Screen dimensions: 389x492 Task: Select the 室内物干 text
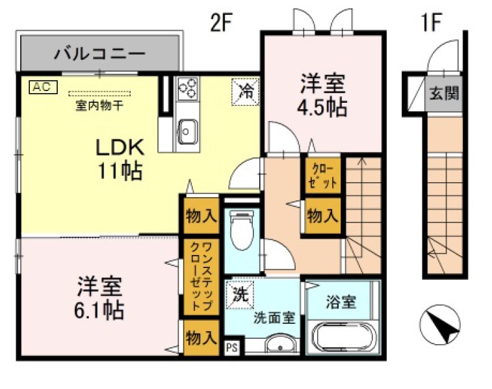click(x=99, y=103)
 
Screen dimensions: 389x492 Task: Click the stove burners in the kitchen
click(x=188, y=88)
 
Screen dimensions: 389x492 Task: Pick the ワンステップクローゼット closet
click(x=200, y=278)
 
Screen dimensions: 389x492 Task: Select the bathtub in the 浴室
click(x=342, y=337)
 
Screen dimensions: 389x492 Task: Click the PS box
click(x=231, y=347)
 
